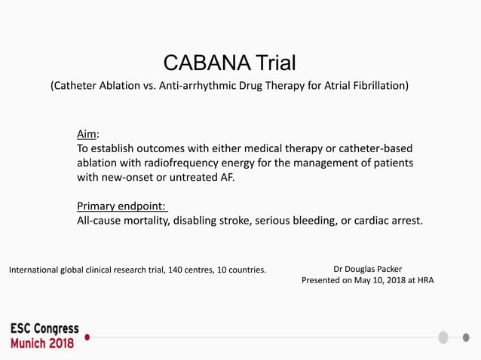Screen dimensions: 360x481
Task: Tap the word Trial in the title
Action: (x=276, y=63)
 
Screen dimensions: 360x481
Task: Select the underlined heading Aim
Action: (x=87, y=134)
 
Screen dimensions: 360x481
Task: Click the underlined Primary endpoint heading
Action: (x=121, y=206)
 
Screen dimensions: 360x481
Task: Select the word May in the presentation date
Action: (x=365, y=280)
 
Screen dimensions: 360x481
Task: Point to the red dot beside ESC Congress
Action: (x=87, y=337)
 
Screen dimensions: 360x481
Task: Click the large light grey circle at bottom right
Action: (x=443, y=337)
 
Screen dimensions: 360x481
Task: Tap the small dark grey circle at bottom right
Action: (x=465, y=337)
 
